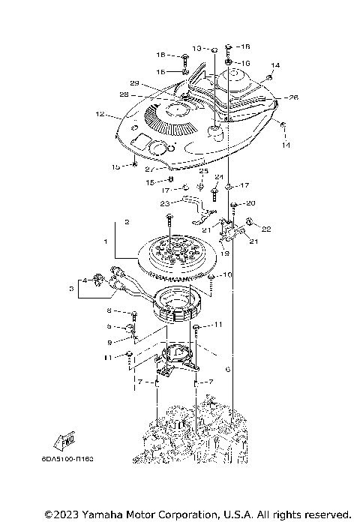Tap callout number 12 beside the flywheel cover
(99, 115)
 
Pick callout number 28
(124, 94)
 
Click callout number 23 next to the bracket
(165, 202)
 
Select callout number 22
(265, 228)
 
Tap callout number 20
(250, 203)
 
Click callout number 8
(109, 310)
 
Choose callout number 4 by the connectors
(85, 280)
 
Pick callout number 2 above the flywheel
(127, 222)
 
